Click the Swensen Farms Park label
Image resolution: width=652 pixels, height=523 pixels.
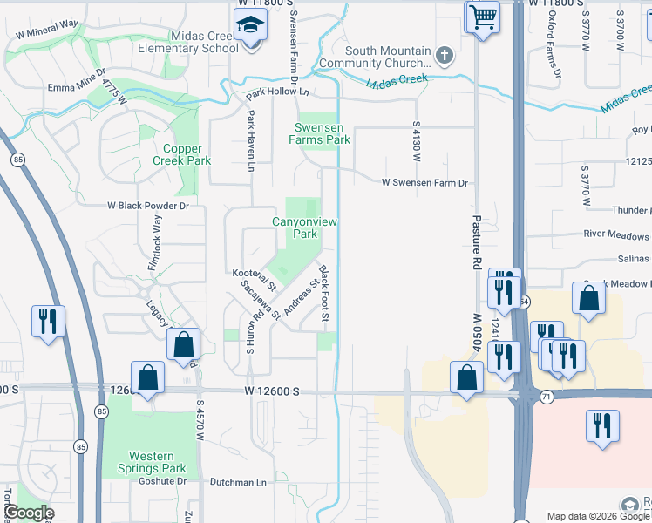(x=320, y=133)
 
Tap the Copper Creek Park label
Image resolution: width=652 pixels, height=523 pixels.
(x=181, y=154)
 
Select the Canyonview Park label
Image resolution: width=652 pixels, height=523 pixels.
(x=304, y=228)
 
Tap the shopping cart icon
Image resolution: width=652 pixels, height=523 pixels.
(x=482, y=16)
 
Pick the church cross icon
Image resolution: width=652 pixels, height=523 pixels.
(x=444, y=57)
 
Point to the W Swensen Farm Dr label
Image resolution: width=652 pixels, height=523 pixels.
(x=425, y=183)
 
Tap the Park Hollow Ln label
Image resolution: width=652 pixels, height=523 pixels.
(x=277, y=92)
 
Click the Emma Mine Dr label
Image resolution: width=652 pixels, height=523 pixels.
(x=76, y=88)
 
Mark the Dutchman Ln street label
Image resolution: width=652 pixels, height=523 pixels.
(x=238, y=482)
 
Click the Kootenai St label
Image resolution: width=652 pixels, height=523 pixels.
(x=255, y=279)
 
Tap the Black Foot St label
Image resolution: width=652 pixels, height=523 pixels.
(x=323, y=292)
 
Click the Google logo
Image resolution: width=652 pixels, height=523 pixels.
(x=29, y=513)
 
